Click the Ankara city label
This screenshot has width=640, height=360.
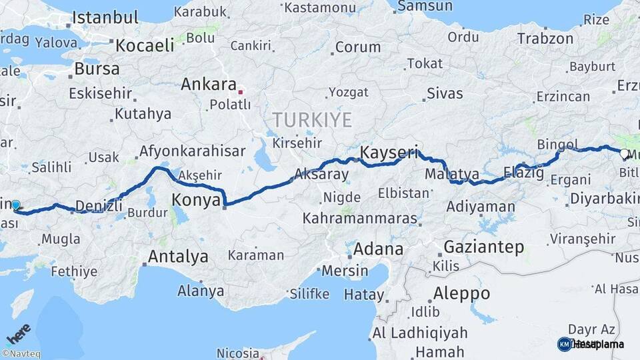pos(209,85)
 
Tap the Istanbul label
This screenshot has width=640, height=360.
pos(105,18)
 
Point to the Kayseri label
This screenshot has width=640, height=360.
pos(389,153)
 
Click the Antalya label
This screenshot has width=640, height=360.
pos(178,256)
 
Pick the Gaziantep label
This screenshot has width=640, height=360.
pos(483,247)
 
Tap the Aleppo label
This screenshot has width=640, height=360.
pos(461,293)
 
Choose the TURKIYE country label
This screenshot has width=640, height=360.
pos(311,120)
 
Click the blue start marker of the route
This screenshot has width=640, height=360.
pos(15,205)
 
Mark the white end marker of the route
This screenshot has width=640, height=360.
pos(624,154)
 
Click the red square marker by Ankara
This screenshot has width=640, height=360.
pos(241,92)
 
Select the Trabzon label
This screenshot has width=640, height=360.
pos(545,39)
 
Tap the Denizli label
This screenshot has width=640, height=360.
pos(99,205)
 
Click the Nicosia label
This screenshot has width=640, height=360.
pos(237,353)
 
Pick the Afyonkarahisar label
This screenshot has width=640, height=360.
pos(192,151)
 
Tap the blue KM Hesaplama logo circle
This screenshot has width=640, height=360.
pos(564,344)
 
